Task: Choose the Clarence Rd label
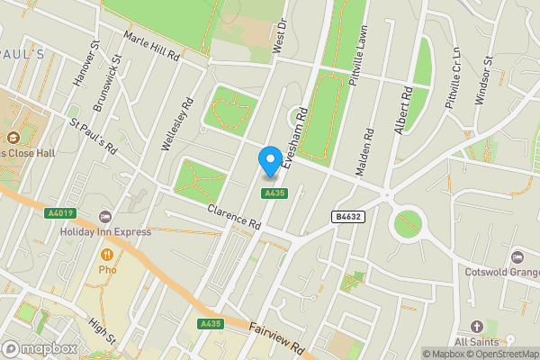(233, 217)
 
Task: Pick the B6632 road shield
(349, 217)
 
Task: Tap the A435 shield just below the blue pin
(274, 193)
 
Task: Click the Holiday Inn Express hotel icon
(105, 217)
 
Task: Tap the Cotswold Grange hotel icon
(517, 257)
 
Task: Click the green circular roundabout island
(408, 222)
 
